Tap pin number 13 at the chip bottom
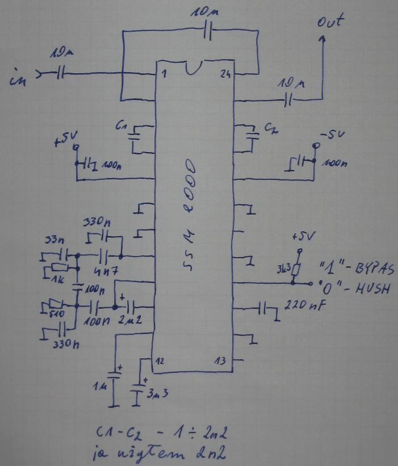[221, 361]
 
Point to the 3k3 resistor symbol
[294, 267]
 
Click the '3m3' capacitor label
[157, 393]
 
